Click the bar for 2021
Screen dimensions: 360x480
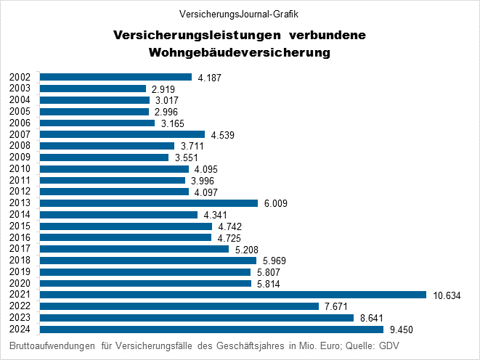232,295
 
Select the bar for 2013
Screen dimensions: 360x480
149,203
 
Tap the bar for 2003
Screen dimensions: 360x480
93,89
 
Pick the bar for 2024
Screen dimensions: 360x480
211,330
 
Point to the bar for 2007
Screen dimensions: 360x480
122,134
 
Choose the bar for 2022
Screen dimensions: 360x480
179,306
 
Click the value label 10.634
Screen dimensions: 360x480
447,295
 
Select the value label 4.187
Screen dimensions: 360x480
209,78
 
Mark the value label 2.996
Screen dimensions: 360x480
166,112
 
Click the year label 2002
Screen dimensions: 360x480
20,78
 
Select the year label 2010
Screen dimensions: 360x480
20,169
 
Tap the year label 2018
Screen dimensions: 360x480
20,261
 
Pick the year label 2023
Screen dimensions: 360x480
20,318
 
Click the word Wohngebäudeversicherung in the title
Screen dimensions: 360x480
240,53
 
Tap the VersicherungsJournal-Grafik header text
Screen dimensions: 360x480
239,14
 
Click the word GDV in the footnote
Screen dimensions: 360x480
386,345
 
